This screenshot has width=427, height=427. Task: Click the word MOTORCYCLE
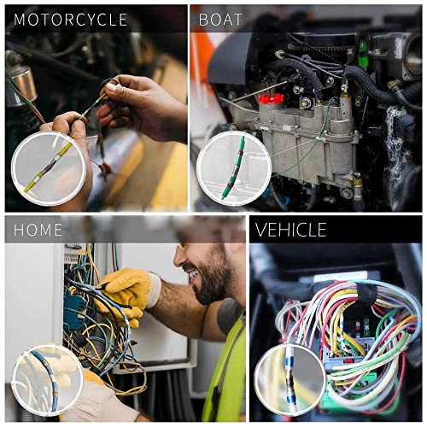[71, 20]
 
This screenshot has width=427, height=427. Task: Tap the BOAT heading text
[220, 20]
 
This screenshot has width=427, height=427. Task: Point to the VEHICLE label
[291, 230]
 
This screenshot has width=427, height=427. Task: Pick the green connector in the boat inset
[233, 167]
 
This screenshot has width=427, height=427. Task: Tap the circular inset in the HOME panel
[47, 379]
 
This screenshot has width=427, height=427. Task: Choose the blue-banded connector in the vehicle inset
[290, 380]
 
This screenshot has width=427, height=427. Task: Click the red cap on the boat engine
[272, 98]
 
